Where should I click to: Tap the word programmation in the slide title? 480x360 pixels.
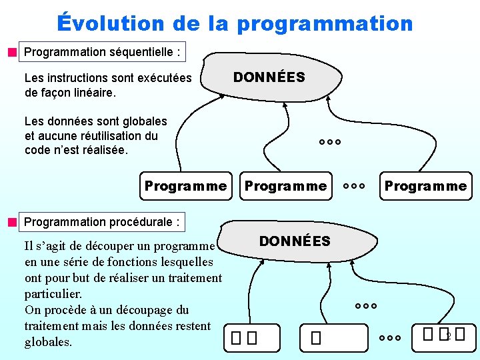(x=325, y=24)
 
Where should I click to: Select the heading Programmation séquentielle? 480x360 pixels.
(x=103, y=52)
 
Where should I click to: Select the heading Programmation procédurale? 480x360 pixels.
(x=101, y=221)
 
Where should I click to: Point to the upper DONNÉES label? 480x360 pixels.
(x=269, y=77)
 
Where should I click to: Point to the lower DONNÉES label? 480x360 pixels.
(x=295, y=241)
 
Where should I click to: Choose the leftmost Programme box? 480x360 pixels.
(x=185, y=186)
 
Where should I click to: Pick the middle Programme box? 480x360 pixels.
(x=285, y=186)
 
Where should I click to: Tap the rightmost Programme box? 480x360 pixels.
(x=425, y=186)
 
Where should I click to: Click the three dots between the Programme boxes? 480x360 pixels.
(x=353, y=186)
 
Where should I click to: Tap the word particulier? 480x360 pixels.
(x=53, y=294)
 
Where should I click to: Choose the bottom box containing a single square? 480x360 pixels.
(x=316, y=338)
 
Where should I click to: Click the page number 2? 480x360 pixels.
(x=449, y=335)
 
